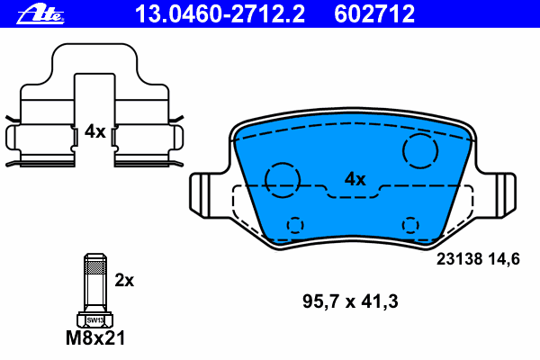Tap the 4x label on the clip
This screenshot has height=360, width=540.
[94, 131]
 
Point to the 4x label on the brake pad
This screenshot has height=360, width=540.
[355, 179]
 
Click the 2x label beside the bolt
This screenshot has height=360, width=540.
[124, 280]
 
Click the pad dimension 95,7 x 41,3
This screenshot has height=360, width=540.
[343, 299]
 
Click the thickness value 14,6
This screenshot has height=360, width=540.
[504, 259]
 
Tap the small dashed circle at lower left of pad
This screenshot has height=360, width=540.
[294, 224]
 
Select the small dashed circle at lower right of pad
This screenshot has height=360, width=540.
[411, 224]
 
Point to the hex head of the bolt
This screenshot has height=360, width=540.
[93, 319]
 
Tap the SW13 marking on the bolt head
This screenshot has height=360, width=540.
[93, 319]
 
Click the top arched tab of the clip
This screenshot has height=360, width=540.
[94, 54]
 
